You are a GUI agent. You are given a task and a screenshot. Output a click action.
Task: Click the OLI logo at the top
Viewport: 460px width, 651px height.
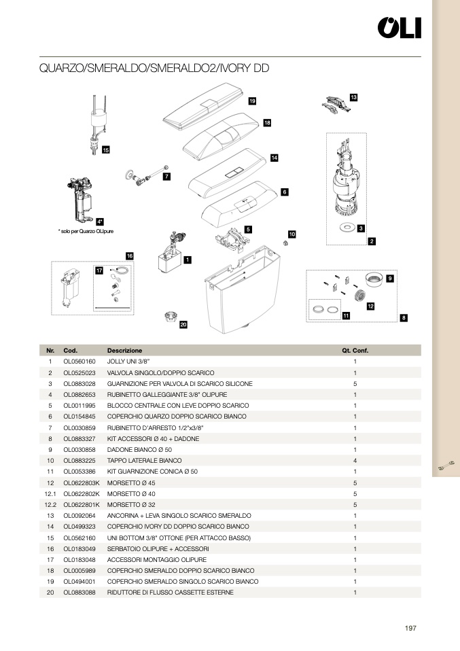pyautogui.click(x=400, y=28)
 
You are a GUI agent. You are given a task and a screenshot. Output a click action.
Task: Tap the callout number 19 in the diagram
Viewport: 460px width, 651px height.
pyautogui.click(x=252, y=101)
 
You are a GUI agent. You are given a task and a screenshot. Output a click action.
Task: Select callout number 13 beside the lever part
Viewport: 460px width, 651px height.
pyautogui.click(x=353, y=98)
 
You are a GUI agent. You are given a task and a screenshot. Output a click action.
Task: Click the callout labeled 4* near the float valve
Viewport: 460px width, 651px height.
pyautogui.click(x=100, y=221)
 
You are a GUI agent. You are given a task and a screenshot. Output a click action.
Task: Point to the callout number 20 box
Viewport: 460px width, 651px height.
pyautogui.click(x=183, y=325)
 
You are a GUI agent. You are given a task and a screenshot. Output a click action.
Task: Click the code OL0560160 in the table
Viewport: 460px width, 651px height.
pyautogui.click(x=79, y=362)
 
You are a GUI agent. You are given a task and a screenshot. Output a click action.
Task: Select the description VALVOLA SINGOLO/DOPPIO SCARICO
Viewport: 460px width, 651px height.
pyautogui.click(x=160, y=372)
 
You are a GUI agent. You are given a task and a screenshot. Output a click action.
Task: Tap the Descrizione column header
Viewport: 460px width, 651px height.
pyautogui.click(x=124, y=351)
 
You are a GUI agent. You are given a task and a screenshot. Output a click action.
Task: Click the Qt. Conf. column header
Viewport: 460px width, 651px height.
pyautogui.click(x=355, y=351)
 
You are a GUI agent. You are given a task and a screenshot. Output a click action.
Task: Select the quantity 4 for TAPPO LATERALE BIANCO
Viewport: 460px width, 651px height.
pyautogui.click(x=355, y=460)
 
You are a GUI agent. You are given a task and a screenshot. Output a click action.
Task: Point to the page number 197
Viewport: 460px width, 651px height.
pyautogui.click(x=410, y=629)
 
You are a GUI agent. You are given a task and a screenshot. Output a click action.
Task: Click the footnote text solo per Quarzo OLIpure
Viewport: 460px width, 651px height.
pyautogui.click(x=86, y=232)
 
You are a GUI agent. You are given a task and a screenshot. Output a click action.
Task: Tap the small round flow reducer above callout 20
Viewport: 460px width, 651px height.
pyautogui.click(x=171, y=316)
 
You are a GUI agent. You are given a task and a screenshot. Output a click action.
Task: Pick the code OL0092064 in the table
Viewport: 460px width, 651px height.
pyautogui.click(x=79, y=515)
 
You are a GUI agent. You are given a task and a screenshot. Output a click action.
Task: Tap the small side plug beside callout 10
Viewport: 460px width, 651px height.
pyautogui.click(x=284, y=243)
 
